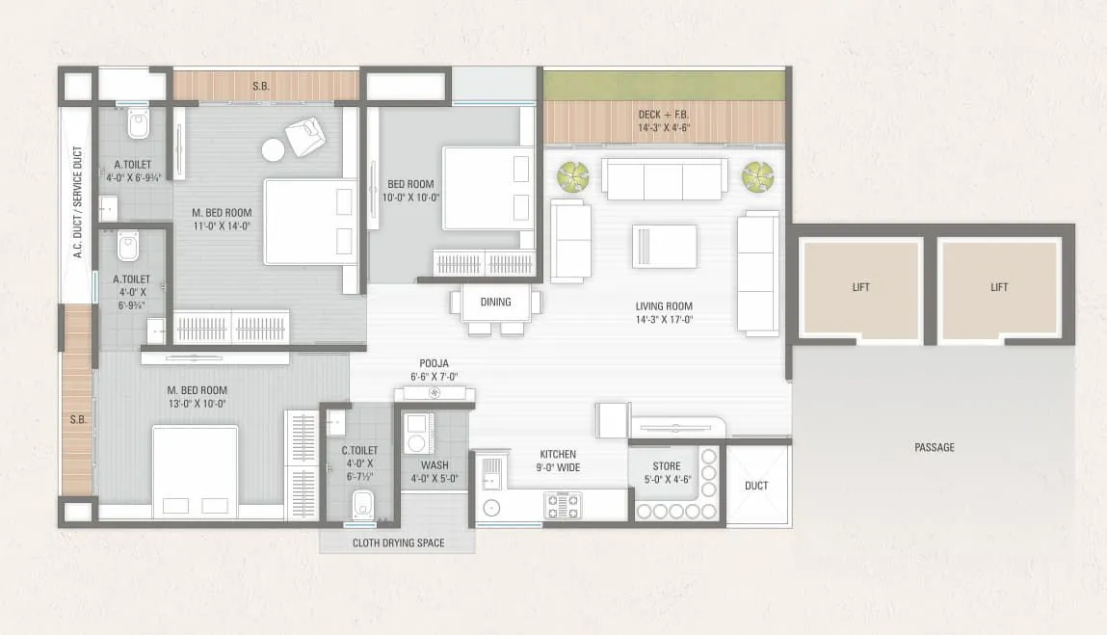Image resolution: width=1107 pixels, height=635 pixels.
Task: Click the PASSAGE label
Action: point(935,447)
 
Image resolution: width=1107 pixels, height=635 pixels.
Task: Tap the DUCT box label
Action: point(756,486)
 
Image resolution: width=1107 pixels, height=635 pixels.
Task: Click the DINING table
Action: point(495,302)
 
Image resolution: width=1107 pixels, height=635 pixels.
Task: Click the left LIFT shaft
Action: point(860,287)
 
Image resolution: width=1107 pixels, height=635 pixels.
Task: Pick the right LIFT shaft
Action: point(999,287)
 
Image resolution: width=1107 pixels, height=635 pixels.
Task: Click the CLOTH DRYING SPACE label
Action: point(397,542)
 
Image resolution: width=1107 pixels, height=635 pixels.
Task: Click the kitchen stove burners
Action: point(564,504)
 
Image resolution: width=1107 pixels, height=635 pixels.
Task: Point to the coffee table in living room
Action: point(664,246)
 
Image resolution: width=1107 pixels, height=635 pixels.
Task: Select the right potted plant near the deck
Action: point(757,176)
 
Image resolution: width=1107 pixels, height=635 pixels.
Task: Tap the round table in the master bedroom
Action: point(274,150)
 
